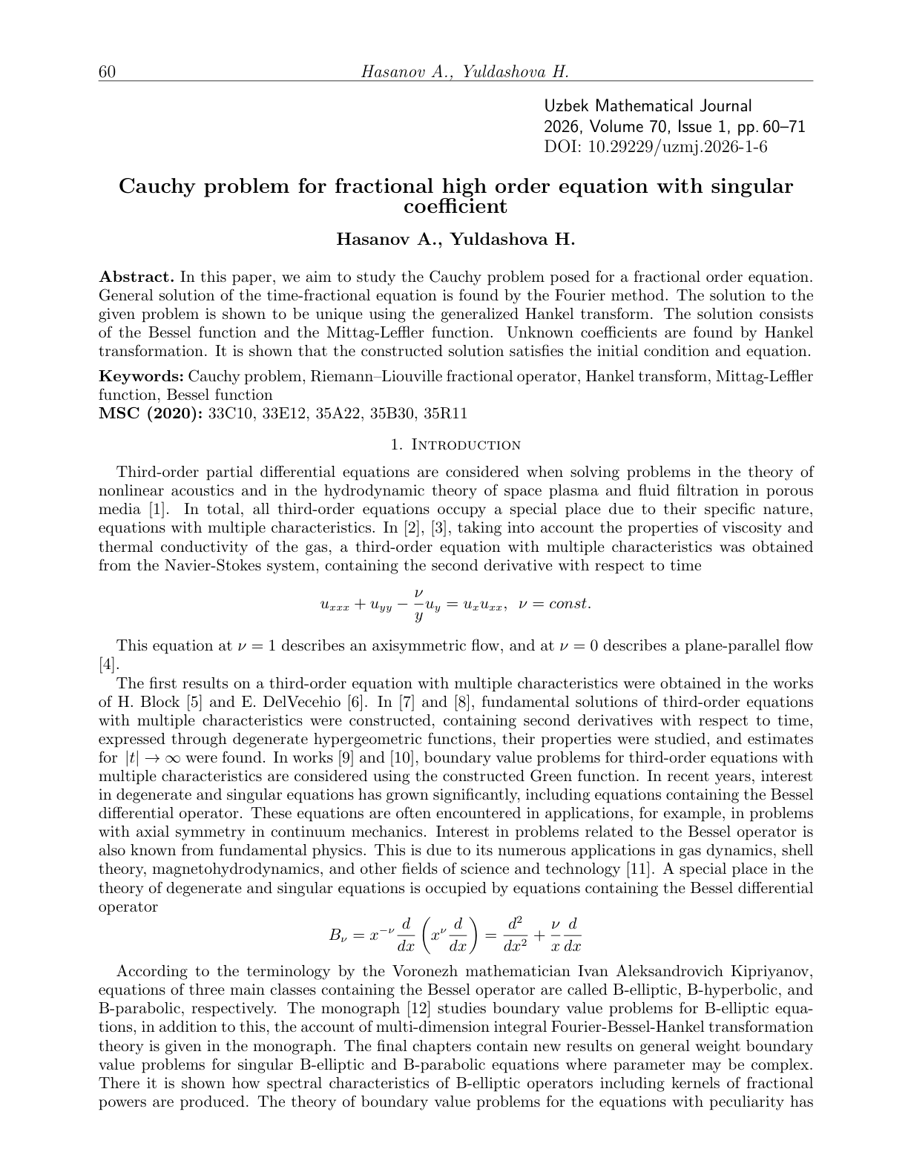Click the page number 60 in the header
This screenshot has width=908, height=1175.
(x=108, y=72)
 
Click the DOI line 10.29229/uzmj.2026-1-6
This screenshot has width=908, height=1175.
(x=656, y=147)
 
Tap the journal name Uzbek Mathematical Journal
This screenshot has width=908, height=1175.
(x=648, y=107)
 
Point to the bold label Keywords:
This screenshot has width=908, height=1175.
(x=142, y=376)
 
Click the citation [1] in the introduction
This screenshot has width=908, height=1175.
(x=152, y=510)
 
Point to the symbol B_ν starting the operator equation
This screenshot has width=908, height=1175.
(x=338, y=935)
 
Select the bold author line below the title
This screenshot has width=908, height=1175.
(x=455, y=240)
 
